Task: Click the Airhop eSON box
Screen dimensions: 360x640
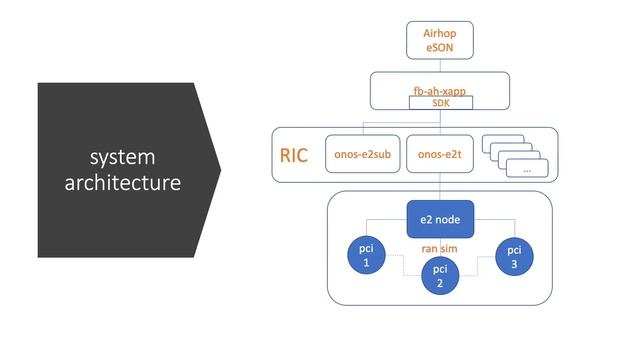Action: pyautogui.click(x=439, y=40)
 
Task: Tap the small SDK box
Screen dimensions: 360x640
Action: pyautogui.click(x=440, y=102)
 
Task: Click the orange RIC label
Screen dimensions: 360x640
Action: pyautogui.click(x=294, y=155)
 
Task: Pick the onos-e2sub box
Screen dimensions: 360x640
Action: pyautogui.click(x=363, y=155)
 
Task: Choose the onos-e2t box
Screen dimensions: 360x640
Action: pyautogui.click(x=439, y=155)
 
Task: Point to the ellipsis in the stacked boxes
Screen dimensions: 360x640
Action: pyautogui.click(x=526, y=170)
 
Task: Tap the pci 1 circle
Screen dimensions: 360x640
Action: pyautogui.click(x=366, y=255)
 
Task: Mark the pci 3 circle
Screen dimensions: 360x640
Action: pyautogui.click(x=514, y=255)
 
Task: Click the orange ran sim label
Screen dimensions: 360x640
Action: pyautogui.click(x=439, y=247)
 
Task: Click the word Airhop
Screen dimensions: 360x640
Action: pyautogui.click(x=439, y=33)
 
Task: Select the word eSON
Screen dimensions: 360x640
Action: pyautogui.click(x=439, y=47)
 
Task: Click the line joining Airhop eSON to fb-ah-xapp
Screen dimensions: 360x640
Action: pyautogui.click(x=439, y=65)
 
